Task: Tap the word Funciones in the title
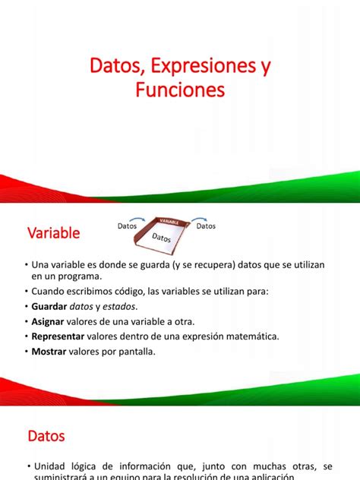(x=179, y=90)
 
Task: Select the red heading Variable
(x=54, y=233)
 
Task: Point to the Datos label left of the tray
(x=128, y=226)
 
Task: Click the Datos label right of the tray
(x=206, y=226)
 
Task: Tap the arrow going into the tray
(x=147, y=219)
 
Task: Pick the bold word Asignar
(x=53, y=321)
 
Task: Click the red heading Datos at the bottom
(x=46, y=437)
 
